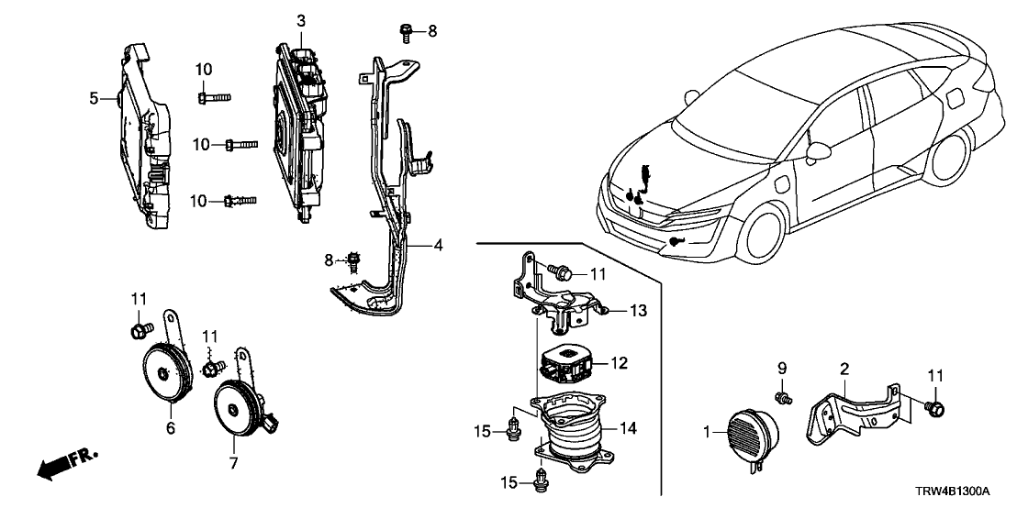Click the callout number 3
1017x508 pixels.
[300, 20]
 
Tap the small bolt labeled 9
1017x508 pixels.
[782, 397]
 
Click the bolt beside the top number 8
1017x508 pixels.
[405, 32]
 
